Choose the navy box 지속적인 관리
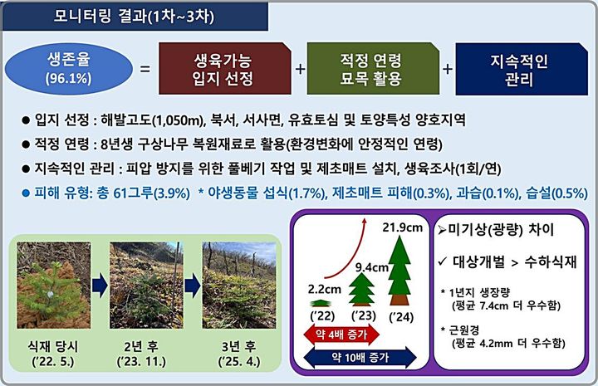coord(522,69)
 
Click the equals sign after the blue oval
coord(145,70)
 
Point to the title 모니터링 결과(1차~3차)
coord(133,15)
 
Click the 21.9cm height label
coord(405,227)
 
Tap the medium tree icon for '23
coord(361,291)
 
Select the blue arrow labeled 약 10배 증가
coord(361,356)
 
